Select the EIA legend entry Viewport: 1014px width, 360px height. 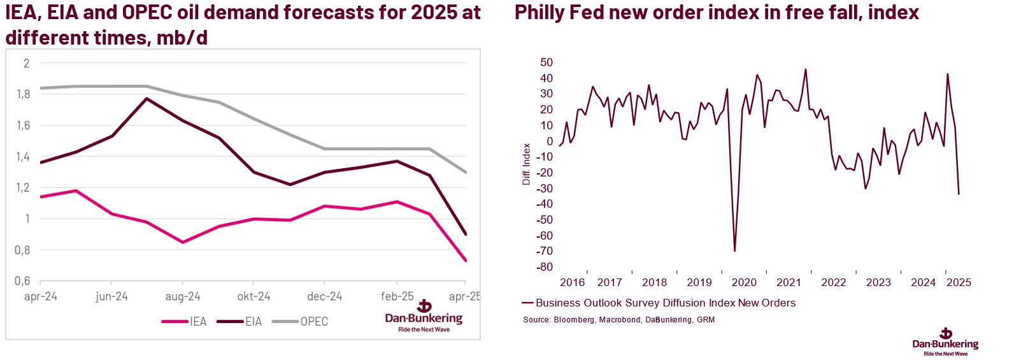coord(253,321)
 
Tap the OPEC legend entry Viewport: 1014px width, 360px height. coord(313,321)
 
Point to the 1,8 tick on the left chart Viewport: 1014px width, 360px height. coord(24,94)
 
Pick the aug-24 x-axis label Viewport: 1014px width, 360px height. coord(183,296)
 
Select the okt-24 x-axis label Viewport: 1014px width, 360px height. coord(253,296)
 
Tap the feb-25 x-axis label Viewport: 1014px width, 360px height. coord(396,296)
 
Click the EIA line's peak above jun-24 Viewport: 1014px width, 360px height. coord(147,98)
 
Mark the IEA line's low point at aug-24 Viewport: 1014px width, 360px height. coord(183,242)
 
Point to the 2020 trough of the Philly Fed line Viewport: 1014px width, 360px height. coord(734,251)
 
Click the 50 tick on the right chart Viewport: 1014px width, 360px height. coord(546,62)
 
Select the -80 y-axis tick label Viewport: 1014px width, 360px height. coord(545,267)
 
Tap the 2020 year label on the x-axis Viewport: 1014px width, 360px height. coord(744,282)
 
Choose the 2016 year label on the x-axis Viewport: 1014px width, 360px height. coord(572,282)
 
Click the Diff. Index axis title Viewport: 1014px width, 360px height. coord(526,164)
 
